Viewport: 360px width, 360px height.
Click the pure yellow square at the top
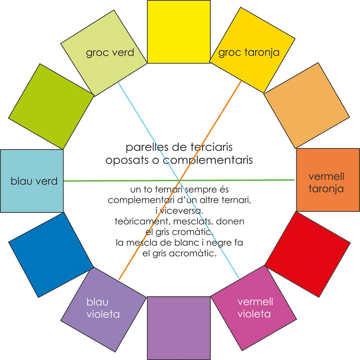click(x=179, y=32)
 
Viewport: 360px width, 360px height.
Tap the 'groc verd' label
click(x=110, y=53)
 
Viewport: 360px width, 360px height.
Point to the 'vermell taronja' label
click(x=326, y=182)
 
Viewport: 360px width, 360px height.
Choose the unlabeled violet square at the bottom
click(x=179, y=327)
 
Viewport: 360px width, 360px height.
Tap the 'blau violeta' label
click(x=103, y=308)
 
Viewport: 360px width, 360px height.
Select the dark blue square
click(x=51, y=255)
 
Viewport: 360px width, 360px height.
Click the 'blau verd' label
click(x=34, y=181)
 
